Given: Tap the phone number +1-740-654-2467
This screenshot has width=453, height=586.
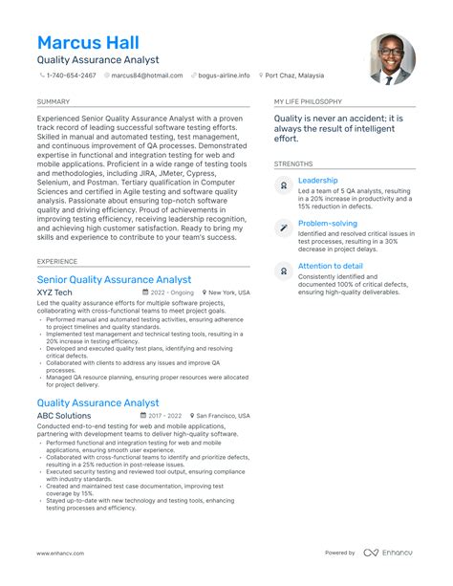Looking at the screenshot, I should tap(73, 75).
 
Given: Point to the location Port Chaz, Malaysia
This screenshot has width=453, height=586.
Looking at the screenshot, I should tap(297, 75).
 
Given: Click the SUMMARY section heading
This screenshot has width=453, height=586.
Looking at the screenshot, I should tap(53, 100).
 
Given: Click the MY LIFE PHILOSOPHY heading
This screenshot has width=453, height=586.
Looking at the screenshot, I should tap(311, 100).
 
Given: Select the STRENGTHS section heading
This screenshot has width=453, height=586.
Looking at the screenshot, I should tap(292, 163).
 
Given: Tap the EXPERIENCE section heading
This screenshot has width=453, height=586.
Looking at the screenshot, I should tap(57, 260).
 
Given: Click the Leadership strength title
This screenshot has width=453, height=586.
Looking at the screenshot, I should tap(317, 180).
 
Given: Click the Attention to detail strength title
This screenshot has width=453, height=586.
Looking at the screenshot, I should tap(330, 265).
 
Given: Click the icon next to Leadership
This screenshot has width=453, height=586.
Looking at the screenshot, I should tap(284, 184).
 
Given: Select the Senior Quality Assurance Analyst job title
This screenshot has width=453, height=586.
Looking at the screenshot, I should tap(114, 279).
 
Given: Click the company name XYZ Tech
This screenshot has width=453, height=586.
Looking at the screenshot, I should tap(54, 293).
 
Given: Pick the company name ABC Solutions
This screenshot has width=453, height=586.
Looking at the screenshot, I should tap(64, 416).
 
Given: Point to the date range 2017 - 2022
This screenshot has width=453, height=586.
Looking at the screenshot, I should tap(163, 417).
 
